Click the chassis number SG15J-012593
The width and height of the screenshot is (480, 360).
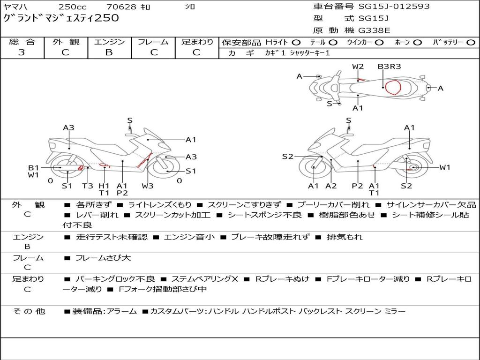394,6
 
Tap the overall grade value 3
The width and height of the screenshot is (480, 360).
22,52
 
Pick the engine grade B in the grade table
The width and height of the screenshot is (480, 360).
109,52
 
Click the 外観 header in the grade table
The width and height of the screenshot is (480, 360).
66,42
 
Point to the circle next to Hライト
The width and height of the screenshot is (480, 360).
296,43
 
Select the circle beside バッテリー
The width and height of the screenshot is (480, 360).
471,43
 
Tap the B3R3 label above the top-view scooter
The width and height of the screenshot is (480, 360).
389,67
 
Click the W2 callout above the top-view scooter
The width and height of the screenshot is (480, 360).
358,67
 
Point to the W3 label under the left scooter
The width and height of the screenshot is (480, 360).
148,186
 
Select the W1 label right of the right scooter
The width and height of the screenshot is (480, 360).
445,167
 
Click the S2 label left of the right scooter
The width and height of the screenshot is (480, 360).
287,157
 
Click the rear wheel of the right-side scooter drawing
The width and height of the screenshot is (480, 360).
411,167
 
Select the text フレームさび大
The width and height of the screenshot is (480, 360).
103,258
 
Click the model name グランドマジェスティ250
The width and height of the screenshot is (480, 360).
61,18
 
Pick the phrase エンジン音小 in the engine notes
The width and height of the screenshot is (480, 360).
189,237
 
